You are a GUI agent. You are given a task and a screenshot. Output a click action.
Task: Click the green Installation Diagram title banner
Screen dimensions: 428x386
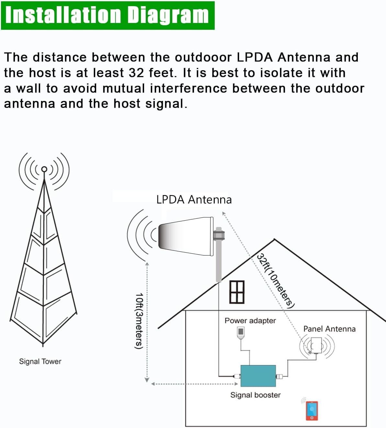click(108, 15)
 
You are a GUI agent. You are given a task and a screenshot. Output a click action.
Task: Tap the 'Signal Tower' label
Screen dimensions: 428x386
click(40, 361)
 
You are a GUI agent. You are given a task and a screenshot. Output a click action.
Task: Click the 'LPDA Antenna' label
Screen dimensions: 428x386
click(194, 200)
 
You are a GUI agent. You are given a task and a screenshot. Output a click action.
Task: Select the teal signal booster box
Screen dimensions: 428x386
click(258, 376)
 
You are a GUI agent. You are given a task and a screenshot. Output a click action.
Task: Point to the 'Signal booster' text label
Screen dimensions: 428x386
click(255, 395)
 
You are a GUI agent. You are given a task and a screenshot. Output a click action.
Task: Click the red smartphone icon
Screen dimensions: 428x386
click(312, 411)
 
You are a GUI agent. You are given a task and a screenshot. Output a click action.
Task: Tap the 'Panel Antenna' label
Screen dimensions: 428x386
click(329, 329)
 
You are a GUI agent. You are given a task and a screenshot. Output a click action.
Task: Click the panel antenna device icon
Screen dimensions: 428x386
click(316, 346)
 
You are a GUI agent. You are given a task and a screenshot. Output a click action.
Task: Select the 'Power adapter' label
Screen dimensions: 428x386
click(250, 321)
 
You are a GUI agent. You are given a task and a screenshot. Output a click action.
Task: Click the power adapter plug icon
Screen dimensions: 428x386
click(241, 333)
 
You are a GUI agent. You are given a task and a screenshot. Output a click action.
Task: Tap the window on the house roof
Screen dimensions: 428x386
click(237, 292)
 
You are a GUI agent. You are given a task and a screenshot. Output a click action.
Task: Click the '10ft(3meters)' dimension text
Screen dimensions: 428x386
click(139, 321)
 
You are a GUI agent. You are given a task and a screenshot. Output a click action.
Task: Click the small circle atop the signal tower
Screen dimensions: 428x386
click(44, 169)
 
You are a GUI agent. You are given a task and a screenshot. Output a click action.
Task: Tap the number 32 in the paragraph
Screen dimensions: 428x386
click(136, 73)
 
